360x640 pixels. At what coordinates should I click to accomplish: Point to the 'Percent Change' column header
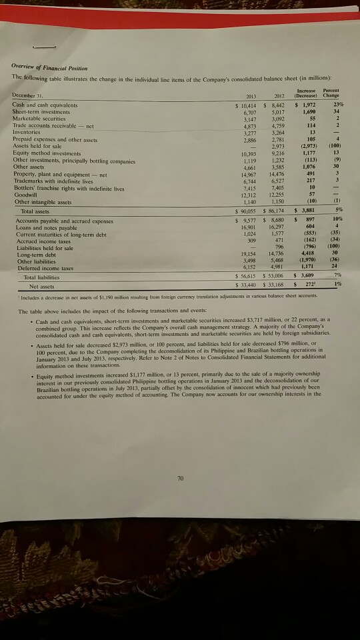pos(339,93)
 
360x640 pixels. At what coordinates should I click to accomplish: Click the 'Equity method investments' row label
pos(44,154)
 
